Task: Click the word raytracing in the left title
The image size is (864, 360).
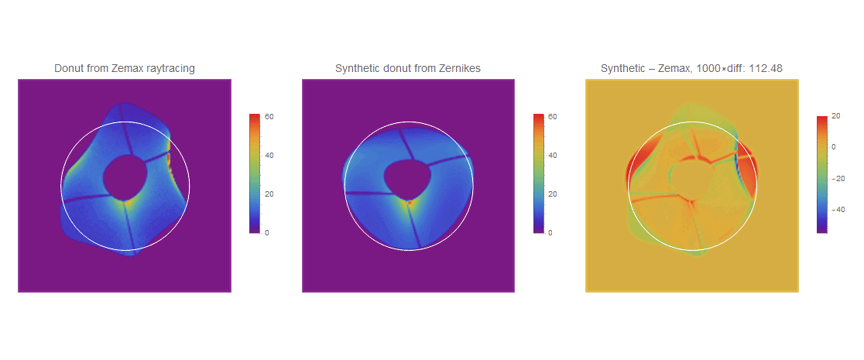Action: pyautogui.click(x=170, y=68)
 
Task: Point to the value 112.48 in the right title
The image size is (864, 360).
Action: pyautogui.click(x=768, y=68)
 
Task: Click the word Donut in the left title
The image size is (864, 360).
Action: pyautogui.click(x=67, y=68)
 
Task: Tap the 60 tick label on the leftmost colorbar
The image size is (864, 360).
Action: pyautogui.click(x=270, y=117)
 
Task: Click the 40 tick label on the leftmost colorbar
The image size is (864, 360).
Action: pyautogui.click(x=270, y=156)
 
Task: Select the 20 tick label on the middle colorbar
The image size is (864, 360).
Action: pyautogui.click(x=554, y=194)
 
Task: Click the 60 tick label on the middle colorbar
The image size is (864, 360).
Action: pyautogui.click(x=554, y=117)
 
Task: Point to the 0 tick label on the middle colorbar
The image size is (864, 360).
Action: pyautogui.click(x=551, y=233)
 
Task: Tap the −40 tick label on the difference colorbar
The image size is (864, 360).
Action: pyautogui.click(x=839, y=210)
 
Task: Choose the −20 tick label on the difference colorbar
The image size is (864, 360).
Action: pyautogui.click(x=839, y=178)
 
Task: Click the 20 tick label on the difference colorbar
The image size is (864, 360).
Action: pyautogui.click(x=836, y=116)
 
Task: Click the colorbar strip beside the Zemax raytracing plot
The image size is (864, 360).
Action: pyautogui.click(x=255, y=173)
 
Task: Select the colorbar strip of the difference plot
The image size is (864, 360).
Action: pyautogui.click(x=821, y=174)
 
